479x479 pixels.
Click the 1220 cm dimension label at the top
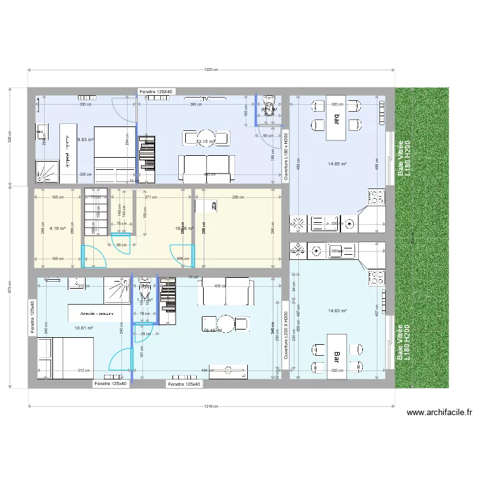(211, 71)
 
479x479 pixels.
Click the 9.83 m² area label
(86, 139)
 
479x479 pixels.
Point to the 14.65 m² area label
(337, 164)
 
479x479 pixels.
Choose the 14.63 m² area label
(337, 311)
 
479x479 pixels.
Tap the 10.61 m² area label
(84, 328)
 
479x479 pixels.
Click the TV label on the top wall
(205, 100)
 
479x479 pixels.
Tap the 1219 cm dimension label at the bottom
(211, 406)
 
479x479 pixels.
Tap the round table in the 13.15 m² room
(206, 137)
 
